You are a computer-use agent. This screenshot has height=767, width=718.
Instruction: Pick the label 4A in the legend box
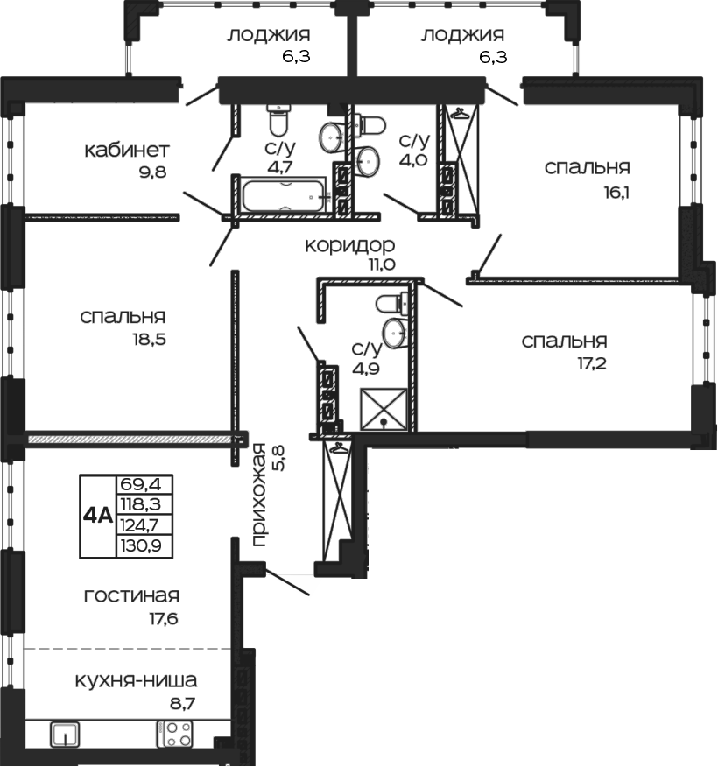click(97, 516)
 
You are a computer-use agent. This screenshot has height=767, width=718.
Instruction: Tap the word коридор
click(349, 244)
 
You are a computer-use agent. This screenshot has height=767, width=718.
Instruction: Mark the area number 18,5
click(147, 338)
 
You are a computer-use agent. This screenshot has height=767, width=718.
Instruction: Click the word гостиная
click(131, 596)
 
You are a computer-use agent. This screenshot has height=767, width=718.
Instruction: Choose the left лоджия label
click(269, 35)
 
